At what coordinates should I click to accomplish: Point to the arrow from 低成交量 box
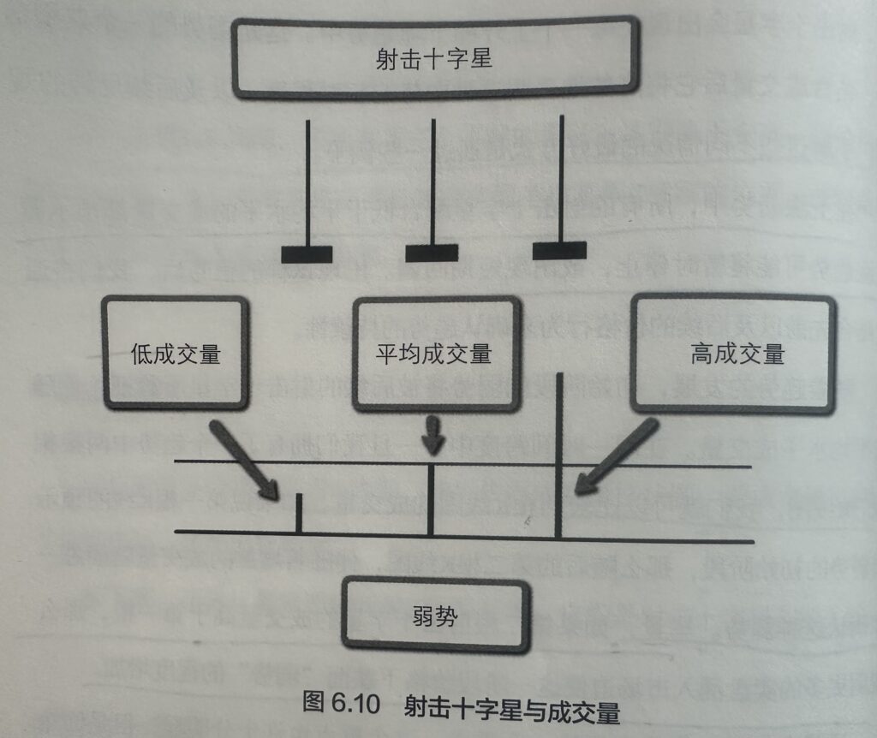pyautogui.click(x=242, y=459)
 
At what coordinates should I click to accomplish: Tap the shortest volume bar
pyautogui.click(x=298, y=513)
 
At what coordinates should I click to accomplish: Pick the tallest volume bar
pyautogui.click(x=558, y=454)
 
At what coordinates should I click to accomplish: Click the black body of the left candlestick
pyautogui.click(x=306, y=254)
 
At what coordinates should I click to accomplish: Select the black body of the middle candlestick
pyautogui.click(x=432, y=253)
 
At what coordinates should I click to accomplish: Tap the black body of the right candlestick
pyautogui.click(x=559, y=250)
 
